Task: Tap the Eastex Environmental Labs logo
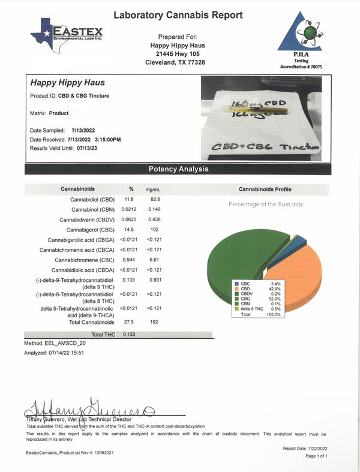[x=67, y=34]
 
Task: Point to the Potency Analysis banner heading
[x=179, y=169]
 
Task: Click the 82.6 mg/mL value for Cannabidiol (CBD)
[x=154, y=199]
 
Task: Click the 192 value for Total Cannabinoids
[x=154, y=323]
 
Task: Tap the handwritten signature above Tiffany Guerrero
[x=90, y=408]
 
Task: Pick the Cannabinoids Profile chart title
[x=266, y=188]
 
